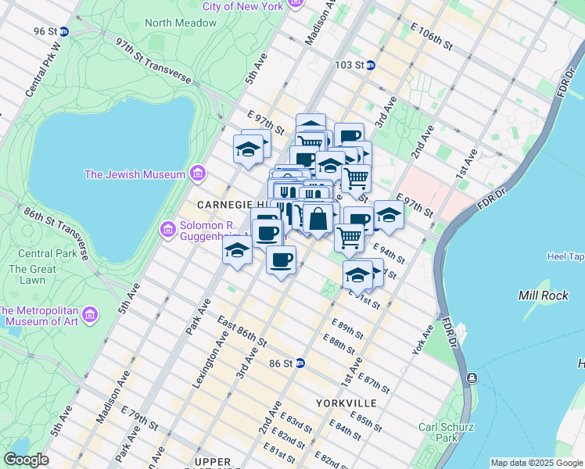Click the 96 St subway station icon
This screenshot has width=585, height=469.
click(64, 31)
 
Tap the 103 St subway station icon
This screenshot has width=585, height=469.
click(370, 66)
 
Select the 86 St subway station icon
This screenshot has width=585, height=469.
click(300, 363)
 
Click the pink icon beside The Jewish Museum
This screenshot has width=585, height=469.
click(197, 173)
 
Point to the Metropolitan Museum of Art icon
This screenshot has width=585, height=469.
click(90, 314)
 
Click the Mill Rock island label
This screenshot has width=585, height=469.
click(539, 295)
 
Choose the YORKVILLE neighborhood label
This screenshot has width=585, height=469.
click(346, 403)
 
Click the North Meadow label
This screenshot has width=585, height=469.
click(170, 23)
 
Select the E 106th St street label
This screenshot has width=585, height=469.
click(432, 36)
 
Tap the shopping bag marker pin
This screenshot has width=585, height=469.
click(318, 219)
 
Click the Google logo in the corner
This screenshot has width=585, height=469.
click(26, 460)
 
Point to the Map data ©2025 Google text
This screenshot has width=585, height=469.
click(536, 463)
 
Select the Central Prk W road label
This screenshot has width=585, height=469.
click(43, 70)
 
